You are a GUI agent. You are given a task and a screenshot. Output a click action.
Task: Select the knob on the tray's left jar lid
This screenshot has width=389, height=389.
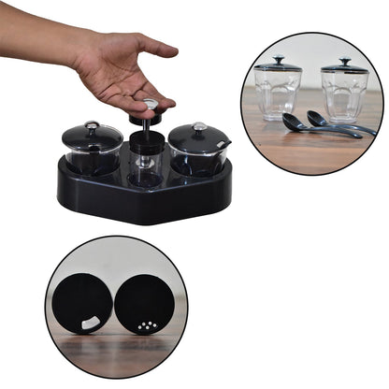(x=91, y=124)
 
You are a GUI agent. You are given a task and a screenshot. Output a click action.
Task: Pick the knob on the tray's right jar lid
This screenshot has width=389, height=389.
(x=199, y=126)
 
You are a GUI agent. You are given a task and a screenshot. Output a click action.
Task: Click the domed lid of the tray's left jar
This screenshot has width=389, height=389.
(x=92, y=137)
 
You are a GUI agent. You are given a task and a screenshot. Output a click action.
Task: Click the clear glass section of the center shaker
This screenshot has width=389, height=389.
(x=143, y=170)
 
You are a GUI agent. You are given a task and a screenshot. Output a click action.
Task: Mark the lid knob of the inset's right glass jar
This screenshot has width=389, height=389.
(x=344, y=61)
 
